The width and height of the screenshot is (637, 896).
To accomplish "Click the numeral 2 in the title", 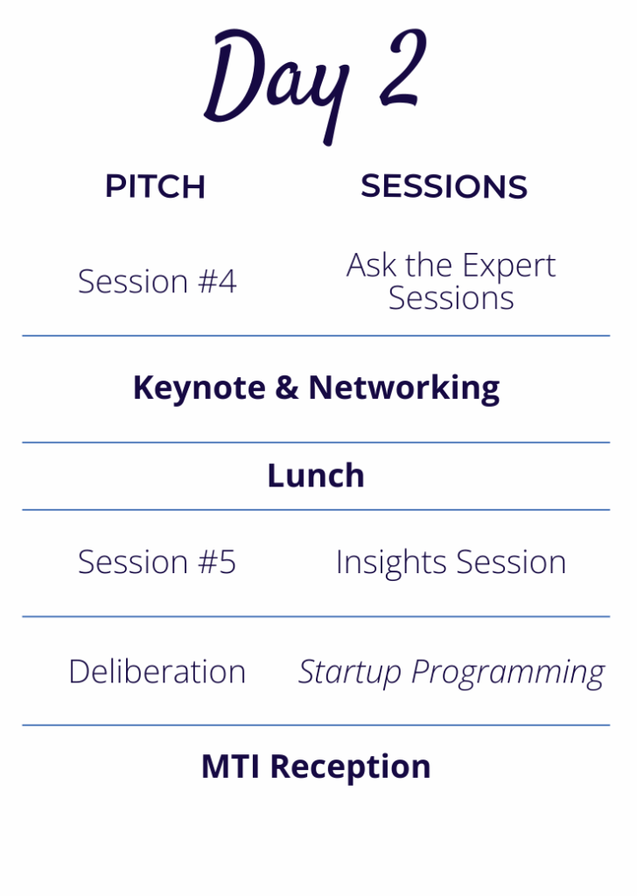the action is pyautogui.click(x=402, y=67).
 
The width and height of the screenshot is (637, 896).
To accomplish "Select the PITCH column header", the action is pyautogui.click(x=155, y=186).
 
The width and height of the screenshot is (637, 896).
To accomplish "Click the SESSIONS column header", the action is pyautogui.click(x=444, y=186).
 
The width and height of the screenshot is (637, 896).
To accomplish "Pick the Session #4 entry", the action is pyautogui.click(x=157, y=281).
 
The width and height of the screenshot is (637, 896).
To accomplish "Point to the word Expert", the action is pyautogui.click(x=508, y=266).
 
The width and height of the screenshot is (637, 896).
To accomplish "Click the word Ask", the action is pyautogui.click(x=371, y=265).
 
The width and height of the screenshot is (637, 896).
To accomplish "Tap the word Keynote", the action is pyautogui.click(x=199, y=388).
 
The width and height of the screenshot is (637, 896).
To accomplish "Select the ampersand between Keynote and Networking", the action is pyautogui.click(x=287, y=388).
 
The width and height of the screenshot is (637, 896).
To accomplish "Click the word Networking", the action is pyautogui.click(x=404, y=388).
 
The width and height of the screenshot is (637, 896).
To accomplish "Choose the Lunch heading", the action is pyautogui.click(x=316, y=475).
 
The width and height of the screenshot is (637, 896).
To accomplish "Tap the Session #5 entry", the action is pyautogui.click(x=157, y=562).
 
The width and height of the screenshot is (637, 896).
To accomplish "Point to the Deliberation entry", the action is pyautogui.click(x=157, y=671).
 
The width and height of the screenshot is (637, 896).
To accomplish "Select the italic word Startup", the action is pyautogui.click(x=350, y=672).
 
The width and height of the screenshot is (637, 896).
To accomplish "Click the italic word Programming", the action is pyautogui.click(x=507, y=673).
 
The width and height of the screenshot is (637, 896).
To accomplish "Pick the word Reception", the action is pyautogui.click(x=350, y=767).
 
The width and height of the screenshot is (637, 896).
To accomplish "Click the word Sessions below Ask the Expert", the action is pyautogui.click(x=451, y=298).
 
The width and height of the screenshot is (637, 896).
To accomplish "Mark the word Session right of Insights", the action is pyautogui.click(x=511, y=563).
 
